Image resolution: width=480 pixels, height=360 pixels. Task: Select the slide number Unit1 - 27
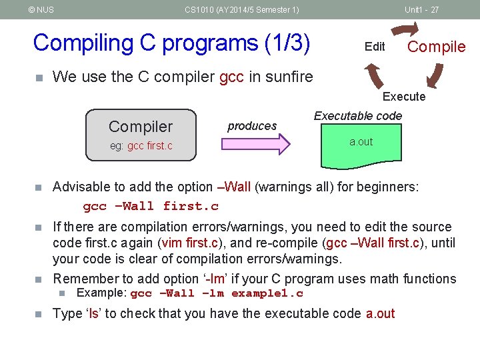(421, 9)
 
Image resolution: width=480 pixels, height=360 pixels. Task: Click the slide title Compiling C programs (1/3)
(171, 43)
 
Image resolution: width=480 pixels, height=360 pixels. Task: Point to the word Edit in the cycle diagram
(375, 46)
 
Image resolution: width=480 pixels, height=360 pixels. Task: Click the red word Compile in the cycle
(436, 46)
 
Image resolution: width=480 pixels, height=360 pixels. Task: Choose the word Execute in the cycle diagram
(403, 97)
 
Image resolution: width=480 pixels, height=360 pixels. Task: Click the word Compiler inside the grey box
(141, 127)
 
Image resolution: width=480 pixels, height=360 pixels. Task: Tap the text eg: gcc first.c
(141, 145)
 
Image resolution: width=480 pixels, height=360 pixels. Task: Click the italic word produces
(252, 126)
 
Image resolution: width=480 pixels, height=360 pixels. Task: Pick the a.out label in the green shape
(361, 142)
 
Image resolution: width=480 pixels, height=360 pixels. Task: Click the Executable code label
(358, 116)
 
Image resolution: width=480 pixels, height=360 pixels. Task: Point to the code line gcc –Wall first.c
(151, 206)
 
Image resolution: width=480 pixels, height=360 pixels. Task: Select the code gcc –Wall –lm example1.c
(217, 293)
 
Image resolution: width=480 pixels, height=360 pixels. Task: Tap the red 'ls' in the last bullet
(93, 313)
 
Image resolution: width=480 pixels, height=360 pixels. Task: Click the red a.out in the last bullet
(380, 313)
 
